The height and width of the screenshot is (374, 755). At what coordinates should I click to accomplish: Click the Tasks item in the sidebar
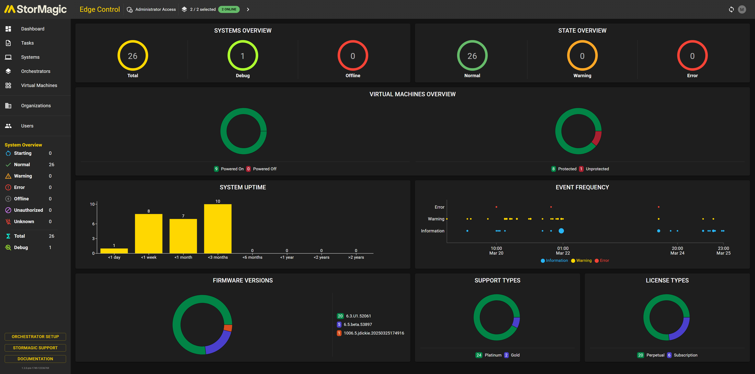[27, 43]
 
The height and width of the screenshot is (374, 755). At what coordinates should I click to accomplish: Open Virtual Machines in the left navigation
[39, 85]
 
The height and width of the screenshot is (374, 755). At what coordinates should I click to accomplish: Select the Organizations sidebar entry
[36, 106]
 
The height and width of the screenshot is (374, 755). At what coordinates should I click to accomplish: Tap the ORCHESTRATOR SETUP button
[35, 336]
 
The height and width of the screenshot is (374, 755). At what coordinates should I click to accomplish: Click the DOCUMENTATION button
[35, 359]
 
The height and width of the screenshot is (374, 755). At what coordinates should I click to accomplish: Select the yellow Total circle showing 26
[133, 56]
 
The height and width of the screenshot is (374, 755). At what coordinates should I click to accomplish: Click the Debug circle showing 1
[243, 56]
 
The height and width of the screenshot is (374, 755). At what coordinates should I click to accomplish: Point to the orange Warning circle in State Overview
[582, 56]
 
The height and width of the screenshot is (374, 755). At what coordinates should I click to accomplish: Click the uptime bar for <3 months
[218, 228]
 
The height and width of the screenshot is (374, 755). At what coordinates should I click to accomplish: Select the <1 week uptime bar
[149, 233]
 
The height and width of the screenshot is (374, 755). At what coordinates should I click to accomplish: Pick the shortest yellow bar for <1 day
[114, 251]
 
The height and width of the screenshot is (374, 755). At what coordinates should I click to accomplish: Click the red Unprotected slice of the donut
[597, 138]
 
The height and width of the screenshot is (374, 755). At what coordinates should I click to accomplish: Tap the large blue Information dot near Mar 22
[561, 231]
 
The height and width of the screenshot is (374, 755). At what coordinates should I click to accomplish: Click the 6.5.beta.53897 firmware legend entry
[358, 324]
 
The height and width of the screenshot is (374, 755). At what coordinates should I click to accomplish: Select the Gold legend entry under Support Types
[515, 355]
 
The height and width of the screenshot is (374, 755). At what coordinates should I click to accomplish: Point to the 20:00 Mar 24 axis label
[677, 251]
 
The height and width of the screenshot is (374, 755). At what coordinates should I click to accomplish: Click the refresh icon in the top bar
[731, 9]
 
